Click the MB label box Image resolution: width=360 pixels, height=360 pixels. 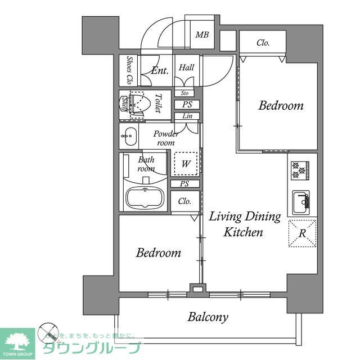click(202, 35)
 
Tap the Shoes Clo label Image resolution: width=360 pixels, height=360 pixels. click(129, 70)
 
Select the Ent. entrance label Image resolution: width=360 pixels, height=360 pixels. click(160, 71)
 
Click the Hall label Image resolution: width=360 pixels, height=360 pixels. click(186, 67)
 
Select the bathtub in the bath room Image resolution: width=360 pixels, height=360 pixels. click(145, 198)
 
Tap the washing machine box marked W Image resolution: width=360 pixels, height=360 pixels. click(186, 164)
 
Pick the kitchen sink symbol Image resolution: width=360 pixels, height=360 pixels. click(300, 200)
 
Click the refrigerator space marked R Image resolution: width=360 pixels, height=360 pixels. click(302, 233)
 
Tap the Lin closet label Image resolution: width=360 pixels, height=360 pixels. click(186, 116)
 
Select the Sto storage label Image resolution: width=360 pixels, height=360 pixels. click(185, 93)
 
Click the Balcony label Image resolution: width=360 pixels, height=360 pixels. click(208, 317)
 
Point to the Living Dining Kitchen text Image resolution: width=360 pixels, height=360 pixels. click(244, 224)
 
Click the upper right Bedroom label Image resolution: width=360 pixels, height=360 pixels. click(281, 106)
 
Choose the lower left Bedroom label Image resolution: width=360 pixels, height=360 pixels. click(159, 253)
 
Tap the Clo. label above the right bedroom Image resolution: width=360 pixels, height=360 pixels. click(263, 42)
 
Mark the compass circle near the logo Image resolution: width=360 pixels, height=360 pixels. click(49, 332)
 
